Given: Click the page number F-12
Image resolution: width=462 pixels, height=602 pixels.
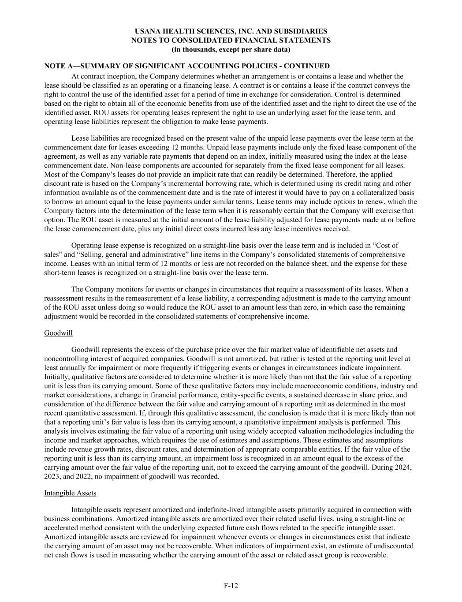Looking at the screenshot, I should (x=231, y=586).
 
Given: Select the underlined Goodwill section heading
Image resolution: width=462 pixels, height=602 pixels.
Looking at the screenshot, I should (x=58, y=333).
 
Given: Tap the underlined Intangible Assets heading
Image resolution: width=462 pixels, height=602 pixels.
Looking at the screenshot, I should (x=70, y=493).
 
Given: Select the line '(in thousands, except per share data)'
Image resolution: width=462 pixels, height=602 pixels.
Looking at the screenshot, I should (x=231, y=49).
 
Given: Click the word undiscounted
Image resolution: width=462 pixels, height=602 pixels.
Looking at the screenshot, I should (x=393, y=546).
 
